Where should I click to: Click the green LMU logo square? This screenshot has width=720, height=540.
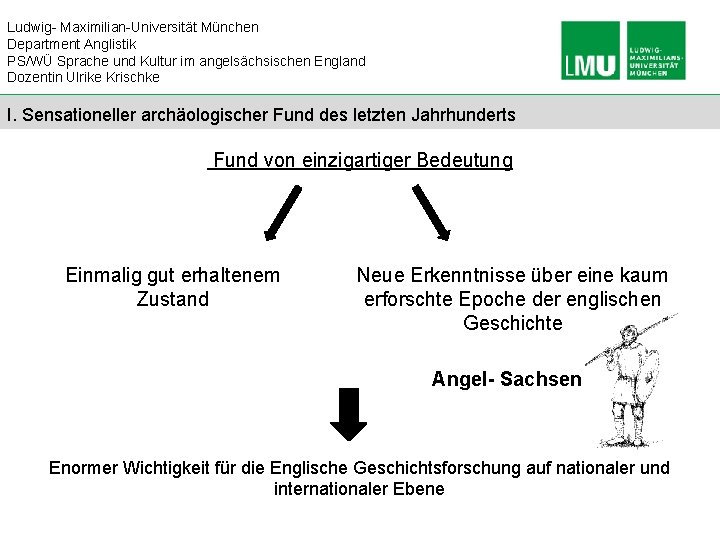591,51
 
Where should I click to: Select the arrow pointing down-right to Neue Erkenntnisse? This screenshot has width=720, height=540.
432,213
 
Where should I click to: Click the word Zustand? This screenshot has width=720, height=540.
172,299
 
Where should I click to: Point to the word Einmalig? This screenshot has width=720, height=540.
103,275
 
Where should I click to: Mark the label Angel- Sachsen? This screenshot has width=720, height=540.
506,379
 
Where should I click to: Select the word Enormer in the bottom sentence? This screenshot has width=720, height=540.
84,468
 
